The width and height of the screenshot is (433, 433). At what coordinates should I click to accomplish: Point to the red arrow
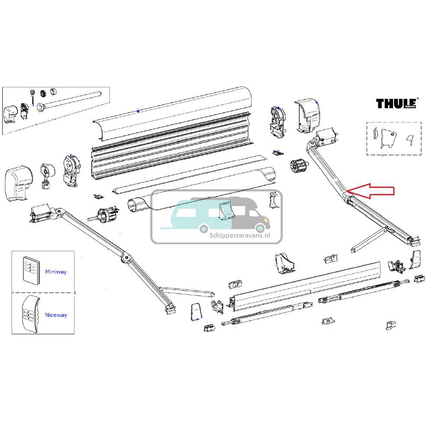[x=372, y=191]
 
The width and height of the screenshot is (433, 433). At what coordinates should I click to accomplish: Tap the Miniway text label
[x=56, y=272]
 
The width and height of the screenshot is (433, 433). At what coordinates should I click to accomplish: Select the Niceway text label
[x=56, y=315]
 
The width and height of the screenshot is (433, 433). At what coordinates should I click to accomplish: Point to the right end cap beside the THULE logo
[x=308, y=114]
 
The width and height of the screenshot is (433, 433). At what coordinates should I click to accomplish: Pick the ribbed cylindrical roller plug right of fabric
[x=297, y=166]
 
